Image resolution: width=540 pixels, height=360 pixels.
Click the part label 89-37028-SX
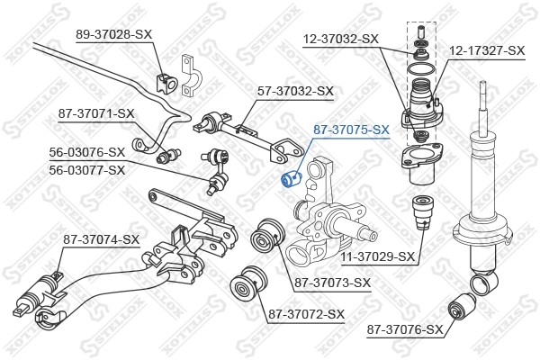click(114, 33)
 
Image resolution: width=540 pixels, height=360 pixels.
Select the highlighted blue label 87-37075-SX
click(351, 130)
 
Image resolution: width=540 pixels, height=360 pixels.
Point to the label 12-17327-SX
click(487, 51)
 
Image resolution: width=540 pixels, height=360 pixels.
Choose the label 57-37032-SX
click(296, 91)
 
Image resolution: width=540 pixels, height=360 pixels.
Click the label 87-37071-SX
click(96, 113)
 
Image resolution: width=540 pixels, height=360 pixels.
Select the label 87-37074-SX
click(101, 239)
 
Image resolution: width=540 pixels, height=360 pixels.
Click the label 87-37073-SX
click(332, 283)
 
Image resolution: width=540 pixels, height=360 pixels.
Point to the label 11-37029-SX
click(379, 256)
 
